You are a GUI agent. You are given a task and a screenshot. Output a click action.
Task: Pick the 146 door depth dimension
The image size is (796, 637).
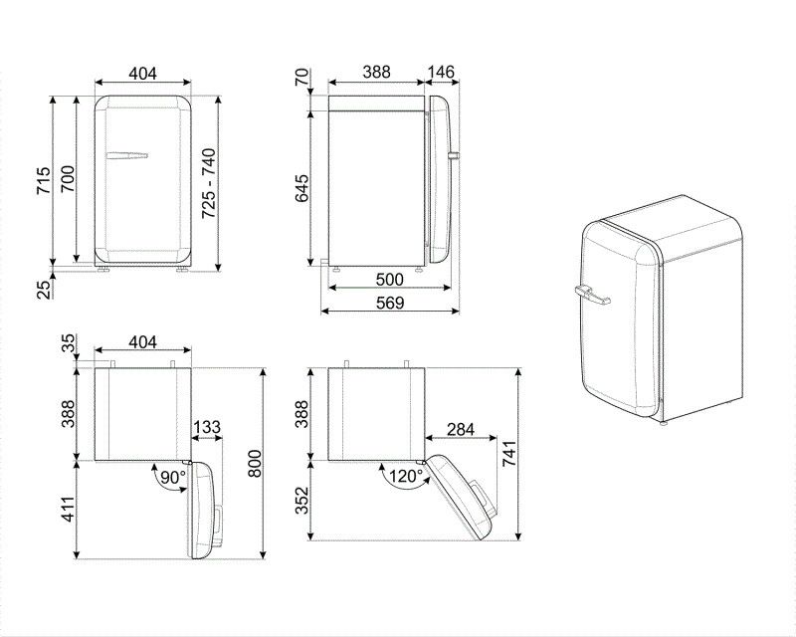coord(441,73)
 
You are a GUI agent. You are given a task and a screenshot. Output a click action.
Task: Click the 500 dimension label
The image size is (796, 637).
coord(389,280)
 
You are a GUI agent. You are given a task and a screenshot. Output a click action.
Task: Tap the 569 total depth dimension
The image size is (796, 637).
coord(389,304)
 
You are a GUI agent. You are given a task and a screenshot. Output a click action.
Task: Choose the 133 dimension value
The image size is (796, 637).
coord(207,427)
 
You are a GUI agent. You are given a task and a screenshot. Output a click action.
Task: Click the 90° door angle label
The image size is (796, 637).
coord(173,478)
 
